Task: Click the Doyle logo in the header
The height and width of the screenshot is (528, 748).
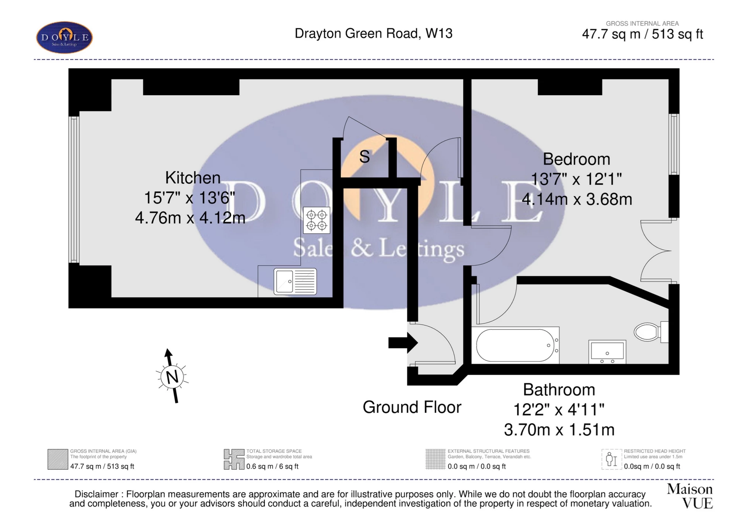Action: [64, 37]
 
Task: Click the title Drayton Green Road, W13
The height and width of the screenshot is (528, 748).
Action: [373, 34]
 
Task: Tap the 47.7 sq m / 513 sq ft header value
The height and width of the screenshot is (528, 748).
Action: [642, 34]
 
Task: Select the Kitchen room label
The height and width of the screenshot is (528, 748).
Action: [192, 178]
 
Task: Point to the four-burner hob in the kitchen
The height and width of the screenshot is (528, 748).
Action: [317, 220]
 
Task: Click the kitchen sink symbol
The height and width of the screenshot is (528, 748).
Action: [295, 281]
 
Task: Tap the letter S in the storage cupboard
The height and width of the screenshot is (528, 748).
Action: [364, 157]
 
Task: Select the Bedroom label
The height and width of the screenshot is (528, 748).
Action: [576, 159]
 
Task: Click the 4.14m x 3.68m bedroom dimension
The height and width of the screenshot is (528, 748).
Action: [577, 199]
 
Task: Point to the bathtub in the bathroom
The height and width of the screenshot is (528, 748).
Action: [516, 345]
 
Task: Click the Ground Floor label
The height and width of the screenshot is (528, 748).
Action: [412, 407]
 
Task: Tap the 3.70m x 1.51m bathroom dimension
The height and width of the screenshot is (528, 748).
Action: [559, 430]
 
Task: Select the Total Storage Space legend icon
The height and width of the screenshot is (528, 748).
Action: [234, 459]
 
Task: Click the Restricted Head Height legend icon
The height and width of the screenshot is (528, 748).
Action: [612, 459]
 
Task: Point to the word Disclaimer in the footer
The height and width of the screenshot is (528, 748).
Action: [96, 494]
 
